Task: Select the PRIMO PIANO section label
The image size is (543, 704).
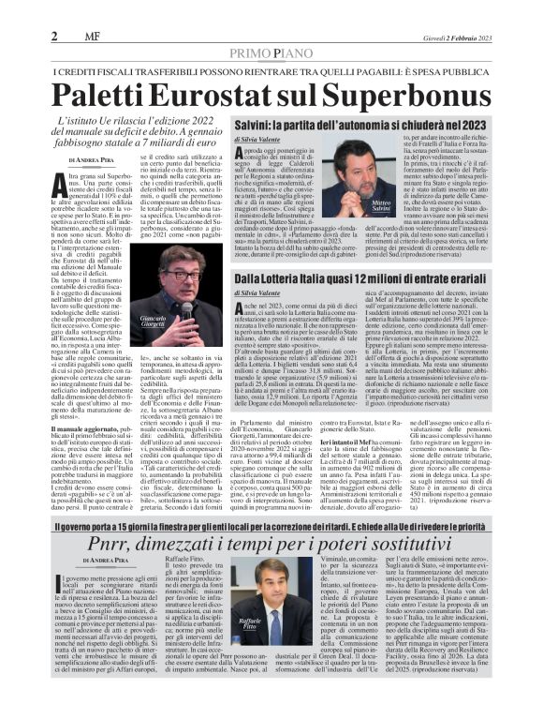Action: pos(271,52)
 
